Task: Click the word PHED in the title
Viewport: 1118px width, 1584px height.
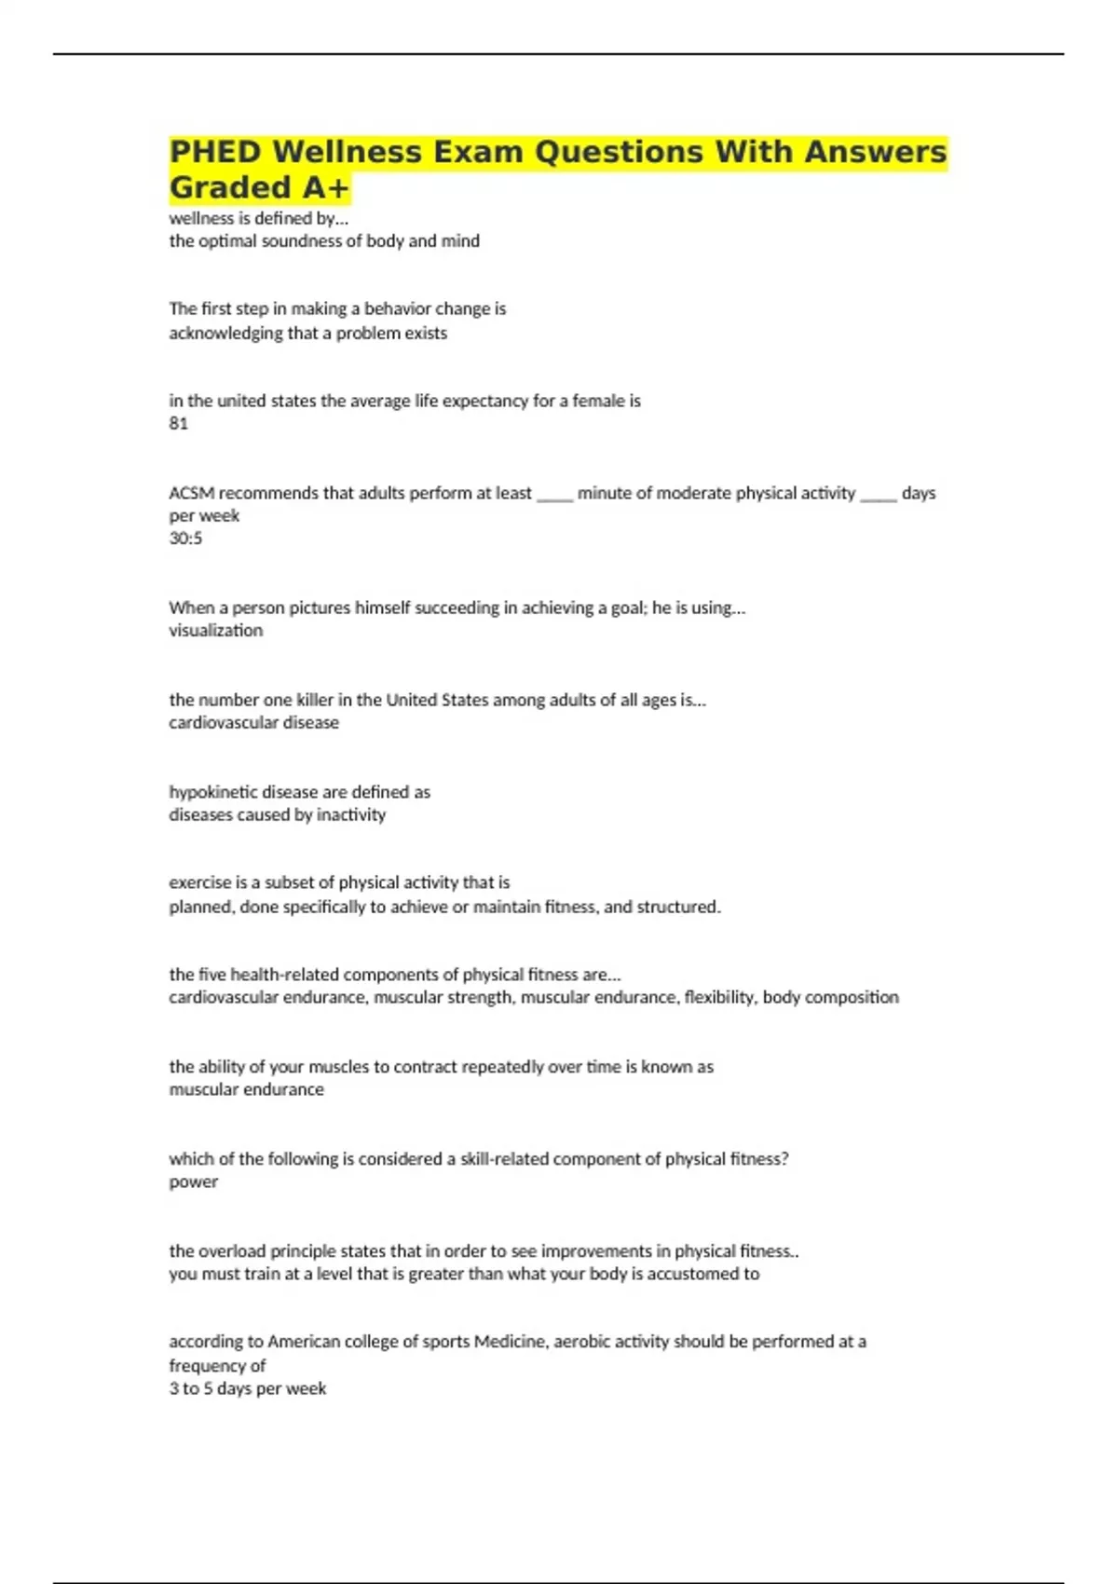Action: coord(215,152)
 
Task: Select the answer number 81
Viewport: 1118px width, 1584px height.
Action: coord(178,424)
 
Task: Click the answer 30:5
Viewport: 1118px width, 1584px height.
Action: coord(185,539)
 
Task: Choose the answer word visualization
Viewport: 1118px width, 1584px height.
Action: coord(215,631)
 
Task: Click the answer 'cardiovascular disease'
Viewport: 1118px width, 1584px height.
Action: coord(253,723)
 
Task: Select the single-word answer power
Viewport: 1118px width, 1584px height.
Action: coord(193,1181)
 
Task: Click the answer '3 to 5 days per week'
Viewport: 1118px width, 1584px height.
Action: coord(247,1388)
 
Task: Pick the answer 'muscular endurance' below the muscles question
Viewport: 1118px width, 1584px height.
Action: coord(246,1089)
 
